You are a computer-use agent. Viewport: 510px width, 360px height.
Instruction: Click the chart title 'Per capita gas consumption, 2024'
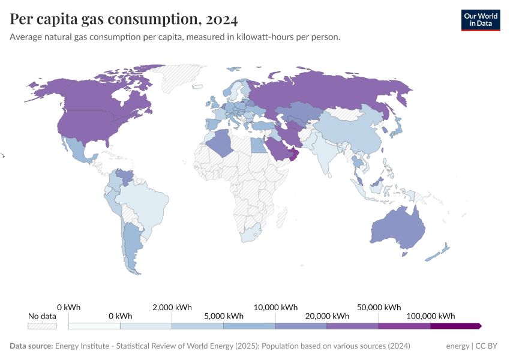tap(124, 19)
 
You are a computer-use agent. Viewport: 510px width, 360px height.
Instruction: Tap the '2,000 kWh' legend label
tap(172, 307)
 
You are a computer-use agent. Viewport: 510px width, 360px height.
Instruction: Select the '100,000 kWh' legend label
tap(431, 316)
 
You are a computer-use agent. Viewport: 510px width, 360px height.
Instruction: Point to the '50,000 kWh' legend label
tap(379, 307)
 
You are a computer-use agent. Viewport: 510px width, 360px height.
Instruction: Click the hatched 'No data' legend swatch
tap(42, 326)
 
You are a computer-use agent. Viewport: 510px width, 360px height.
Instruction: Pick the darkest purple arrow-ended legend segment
tap(455, 326)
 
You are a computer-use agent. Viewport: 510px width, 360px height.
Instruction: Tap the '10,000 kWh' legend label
tap(275, 307)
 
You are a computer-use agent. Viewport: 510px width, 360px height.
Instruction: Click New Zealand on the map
tap(438, 252)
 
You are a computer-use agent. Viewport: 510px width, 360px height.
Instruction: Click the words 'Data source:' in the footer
tap(31, 346)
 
